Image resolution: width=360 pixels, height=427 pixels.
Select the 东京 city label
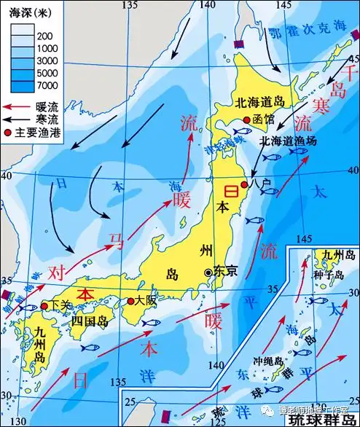coord(229,270)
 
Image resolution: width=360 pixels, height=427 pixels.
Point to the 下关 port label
coord(60,307)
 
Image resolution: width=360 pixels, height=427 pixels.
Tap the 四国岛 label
coord(83,321)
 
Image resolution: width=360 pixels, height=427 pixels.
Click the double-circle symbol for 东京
coord(210,271)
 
